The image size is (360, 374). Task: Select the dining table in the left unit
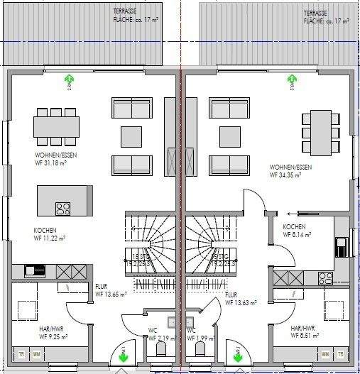(56, 126)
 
